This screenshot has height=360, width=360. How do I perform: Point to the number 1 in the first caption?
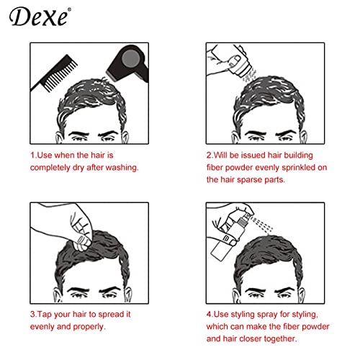coord(32,155)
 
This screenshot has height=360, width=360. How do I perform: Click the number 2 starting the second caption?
coord(208,155)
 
